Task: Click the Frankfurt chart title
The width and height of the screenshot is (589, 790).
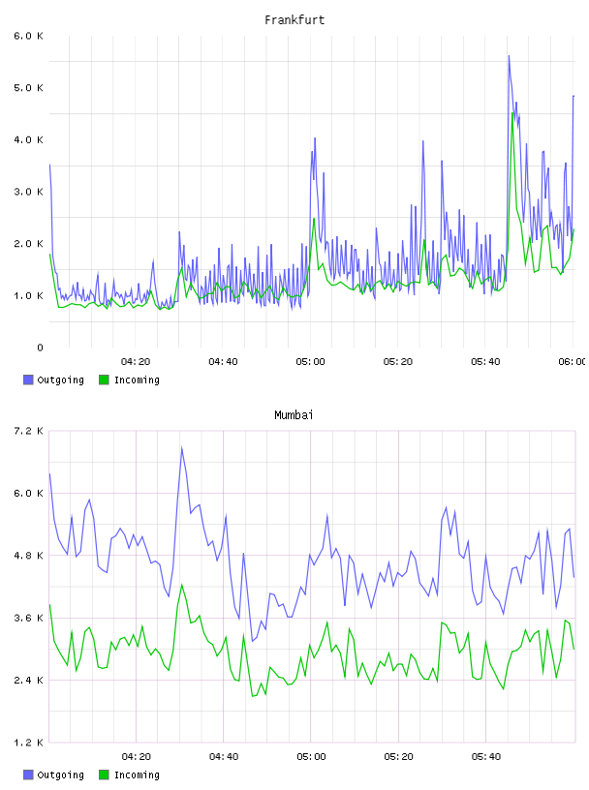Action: point(294,20)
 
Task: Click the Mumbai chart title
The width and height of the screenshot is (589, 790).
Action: point(294,415)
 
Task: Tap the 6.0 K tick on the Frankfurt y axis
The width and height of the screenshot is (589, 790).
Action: point(29,36)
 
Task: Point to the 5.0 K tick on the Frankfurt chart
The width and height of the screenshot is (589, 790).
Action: point(29,88)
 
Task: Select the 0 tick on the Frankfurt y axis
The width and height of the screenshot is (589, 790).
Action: point(40,348)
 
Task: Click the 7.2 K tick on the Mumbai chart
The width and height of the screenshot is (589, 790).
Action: point(29,431)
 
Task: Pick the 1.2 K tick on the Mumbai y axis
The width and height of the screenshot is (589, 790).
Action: point(29,743)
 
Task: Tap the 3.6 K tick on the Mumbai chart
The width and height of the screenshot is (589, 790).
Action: point(29,618)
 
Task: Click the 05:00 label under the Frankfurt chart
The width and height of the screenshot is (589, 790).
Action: point(311,362)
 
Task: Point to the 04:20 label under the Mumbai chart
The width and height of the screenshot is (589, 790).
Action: point(137,757)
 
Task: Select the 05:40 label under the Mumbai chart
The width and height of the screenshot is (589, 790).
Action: point(486,757)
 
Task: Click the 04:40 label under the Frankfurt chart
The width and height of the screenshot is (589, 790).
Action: point(223,362)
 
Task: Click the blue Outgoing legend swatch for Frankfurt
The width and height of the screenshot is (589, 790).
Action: point(28,380)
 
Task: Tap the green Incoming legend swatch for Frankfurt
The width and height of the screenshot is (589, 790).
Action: point(104,380)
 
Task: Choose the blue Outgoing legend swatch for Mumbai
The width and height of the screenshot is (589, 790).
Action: point(28,775)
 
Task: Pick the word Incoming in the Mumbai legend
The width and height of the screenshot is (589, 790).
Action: point(137,775)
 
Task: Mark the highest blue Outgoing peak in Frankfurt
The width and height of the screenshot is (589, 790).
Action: point(509,56)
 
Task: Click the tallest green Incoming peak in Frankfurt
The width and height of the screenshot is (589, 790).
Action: point(512,113)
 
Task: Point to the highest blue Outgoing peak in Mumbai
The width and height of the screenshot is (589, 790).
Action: point(181,447)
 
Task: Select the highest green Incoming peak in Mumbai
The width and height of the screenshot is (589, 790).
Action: point(181,585)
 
